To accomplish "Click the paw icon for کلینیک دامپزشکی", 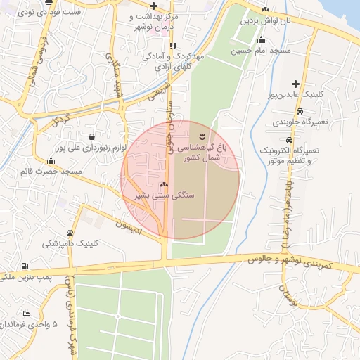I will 70,233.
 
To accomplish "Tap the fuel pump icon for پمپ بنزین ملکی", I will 25,266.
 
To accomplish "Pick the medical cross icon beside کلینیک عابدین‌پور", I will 295,84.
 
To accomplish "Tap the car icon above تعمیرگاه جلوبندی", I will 300,112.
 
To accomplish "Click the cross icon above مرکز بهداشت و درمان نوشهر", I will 153,6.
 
